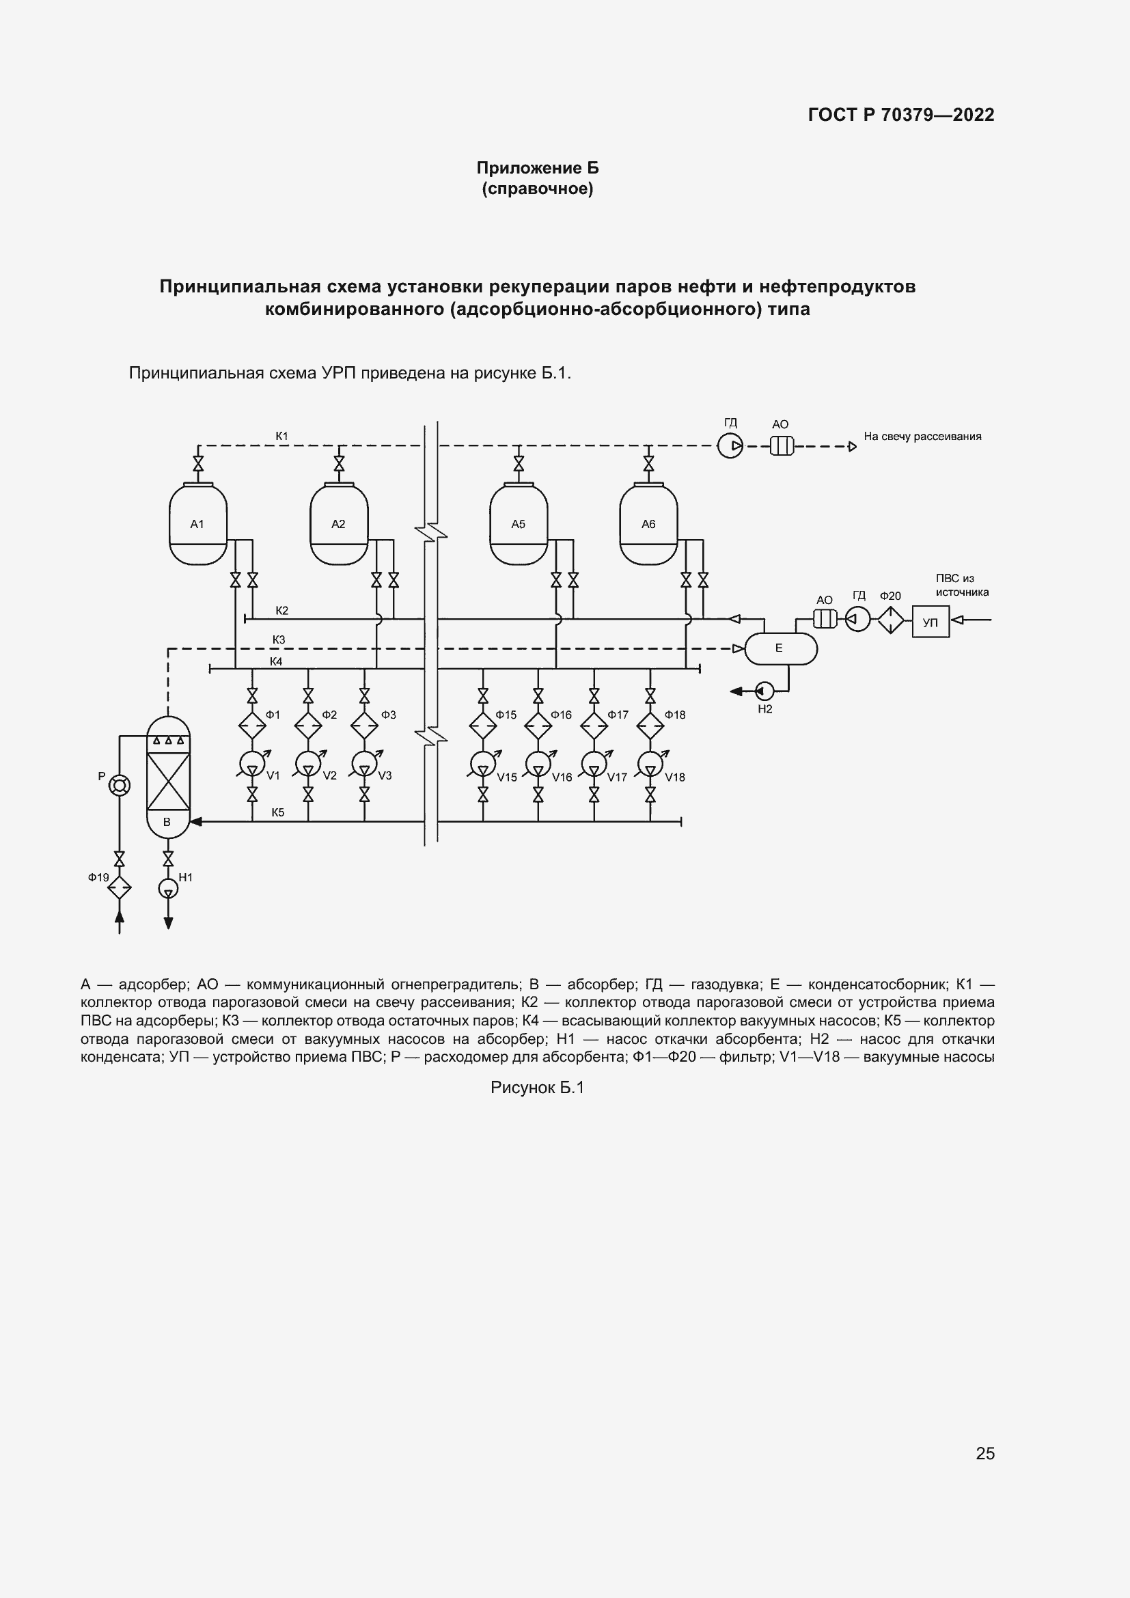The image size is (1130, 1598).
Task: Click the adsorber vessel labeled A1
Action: pyautogui.click(x=198, y=524)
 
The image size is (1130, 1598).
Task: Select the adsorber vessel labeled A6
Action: pyautogui.click(x=648, y=524)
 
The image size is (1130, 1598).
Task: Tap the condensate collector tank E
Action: pyautogui.click(x=781, y=648)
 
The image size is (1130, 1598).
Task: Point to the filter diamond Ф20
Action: pyautogui.click(x=890, y=620)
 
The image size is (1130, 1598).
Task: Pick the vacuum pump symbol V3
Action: pyautogui.click(x=364, y=764)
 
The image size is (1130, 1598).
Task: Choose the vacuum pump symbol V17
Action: pyautogui.click(x=594, y=764)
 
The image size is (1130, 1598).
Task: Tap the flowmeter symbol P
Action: pyautogui.click(x=120, y=785)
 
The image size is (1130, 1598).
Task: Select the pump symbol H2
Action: pyautogui.click(x=764, y=691)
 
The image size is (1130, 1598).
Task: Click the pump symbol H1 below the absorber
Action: pyautogui.click(x=167, y=888)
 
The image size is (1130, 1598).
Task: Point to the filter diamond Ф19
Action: pyautogui.click(x=120, y=887)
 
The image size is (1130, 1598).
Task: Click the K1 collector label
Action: pyautogui.click(x=281, y=437)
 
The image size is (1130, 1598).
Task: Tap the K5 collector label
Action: pyautogui.click(x=277, y=812)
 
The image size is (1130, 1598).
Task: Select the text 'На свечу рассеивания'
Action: pyautogui.click(x=922, y=437)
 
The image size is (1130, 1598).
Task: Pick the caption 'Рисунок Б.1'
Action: pyautogui.click(x=537, y=1087)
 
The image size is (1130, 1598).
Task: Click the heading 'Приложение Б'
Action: pyautogui.click(x=537, y=168)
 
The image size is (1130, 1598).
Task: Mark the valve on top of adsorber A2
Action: pyautogui.click(x=339, y=463)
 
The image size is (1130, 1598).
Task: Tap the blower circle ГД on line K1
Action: pyautogui.click(x=730, y=445)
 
